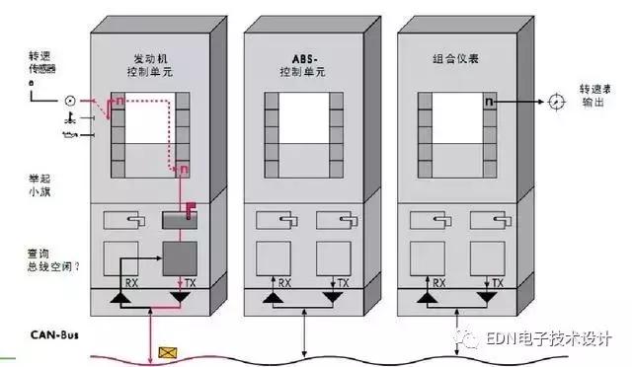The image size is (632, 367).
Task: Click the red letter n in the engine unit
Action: click(x=120, y=101)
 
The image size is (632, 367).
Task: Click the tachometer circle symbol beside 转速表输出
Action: click(x=556, y=102)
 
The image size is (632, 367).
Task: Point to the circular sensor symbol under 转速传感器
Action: click(x=70, y=101)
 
